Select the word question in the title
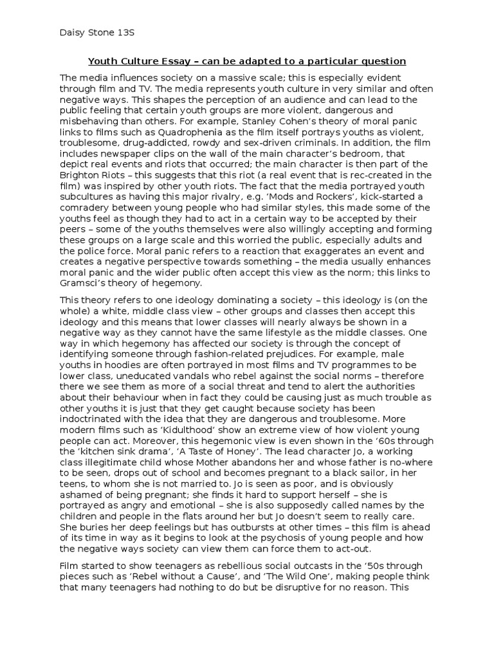[381, 61]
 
